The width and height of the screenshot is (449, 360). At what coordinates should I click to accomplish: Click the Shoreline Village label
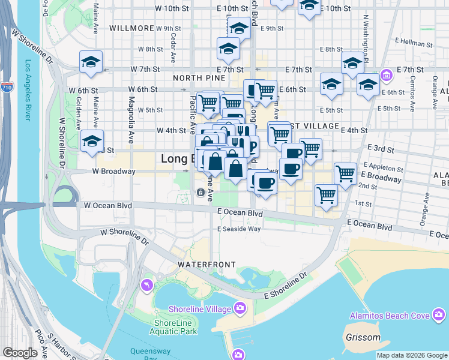(202, 308)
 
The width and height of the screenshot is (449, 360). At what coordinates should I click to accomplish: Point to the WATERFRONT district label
(201, 264)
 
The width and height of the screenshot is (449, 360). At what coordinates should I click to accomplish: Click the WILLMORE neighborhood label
(131, 28)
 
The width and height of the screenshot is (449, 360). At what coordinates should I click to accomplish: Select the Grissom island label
(363, 337)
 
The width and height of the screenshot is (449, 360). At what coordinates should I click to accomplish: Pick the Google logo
(20, 353)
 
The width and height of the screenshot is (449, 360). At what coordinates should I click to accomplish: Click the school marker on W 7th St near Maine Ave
(91, 62)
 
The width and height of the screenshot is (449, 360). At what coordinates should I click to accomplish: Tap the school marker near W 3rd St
(92, 142)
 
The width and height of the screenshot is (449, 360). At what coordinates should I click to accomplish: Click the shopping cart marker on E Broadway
(345, 173)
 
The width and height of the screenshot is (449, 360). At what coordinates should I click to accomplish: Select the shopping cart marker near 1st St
(326, 194)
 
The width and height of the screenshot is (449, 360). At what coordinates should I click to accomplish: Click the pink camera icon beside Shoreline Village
(240, 308)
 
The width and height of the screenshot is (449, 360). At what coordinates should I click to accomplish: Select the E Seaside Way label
(239, 229)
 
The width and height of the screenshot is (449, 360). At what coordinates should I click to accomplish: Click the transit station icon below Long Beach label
(200, 193)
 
